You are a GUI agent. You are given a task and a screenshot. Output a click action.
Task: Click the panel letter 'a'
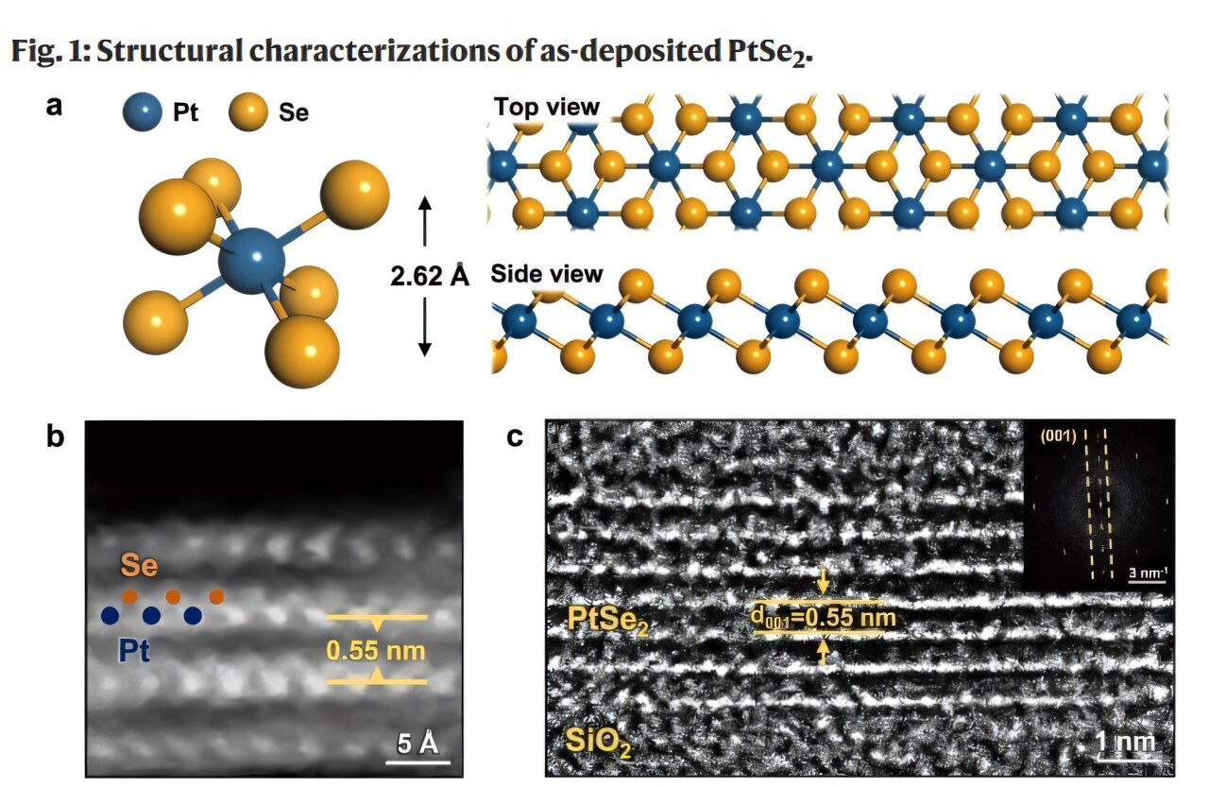point(54,107)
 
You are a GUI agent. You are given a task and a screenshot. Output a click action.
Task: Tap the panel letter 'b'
point(55,436)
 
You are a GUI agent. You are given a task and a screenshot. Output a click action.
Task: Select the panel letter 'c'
point(515,436)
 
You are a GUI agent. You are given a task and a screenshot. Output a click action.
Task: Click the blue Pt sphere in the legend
point(142,112)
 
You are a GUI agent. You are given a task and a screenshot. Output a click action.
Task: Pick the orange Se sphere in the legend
point(248,111)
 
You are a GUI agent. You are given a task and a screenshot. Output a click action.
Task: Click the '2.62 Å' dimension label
point(430,276)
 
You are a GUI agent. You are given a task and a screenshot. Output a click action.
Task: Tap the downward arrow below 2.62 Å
point(425,327)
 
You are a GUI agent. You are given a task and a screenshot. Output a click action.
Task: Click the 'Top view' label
point(547,107)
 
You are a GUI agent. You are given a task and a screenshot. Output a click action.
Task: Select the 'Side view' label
point(547,274)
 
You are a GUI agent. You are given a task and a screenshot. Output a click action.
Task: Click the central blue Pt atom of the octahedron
point(251,261)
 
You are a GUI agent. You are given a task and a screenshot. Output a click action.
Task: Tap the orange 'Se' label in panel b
point(139,565)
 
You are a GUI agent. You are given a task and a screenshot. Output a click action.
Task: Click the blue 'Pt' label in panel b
point(134,650)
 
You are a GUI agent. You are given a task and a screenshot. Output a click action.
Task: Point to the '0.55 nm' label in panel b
point(376,650)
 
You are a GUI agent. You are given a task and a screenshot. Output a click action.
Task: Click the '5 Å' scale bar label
point(417,744)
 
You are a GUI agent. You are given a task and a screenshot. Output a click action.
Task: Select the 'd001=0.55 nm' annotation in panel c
point(824,618)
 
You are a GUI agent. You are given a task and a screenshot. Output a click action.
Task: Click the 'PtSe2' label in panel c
point(607,620)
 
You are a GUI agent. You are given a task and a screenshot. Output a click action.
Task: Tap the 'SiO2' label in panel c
point(598,742)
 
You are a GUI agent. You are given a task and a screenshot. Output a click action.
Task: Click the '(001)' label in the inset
point(1058,436)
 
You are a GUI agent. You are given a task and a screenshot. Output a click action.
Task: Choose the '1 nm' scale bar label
point(1127,743)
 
